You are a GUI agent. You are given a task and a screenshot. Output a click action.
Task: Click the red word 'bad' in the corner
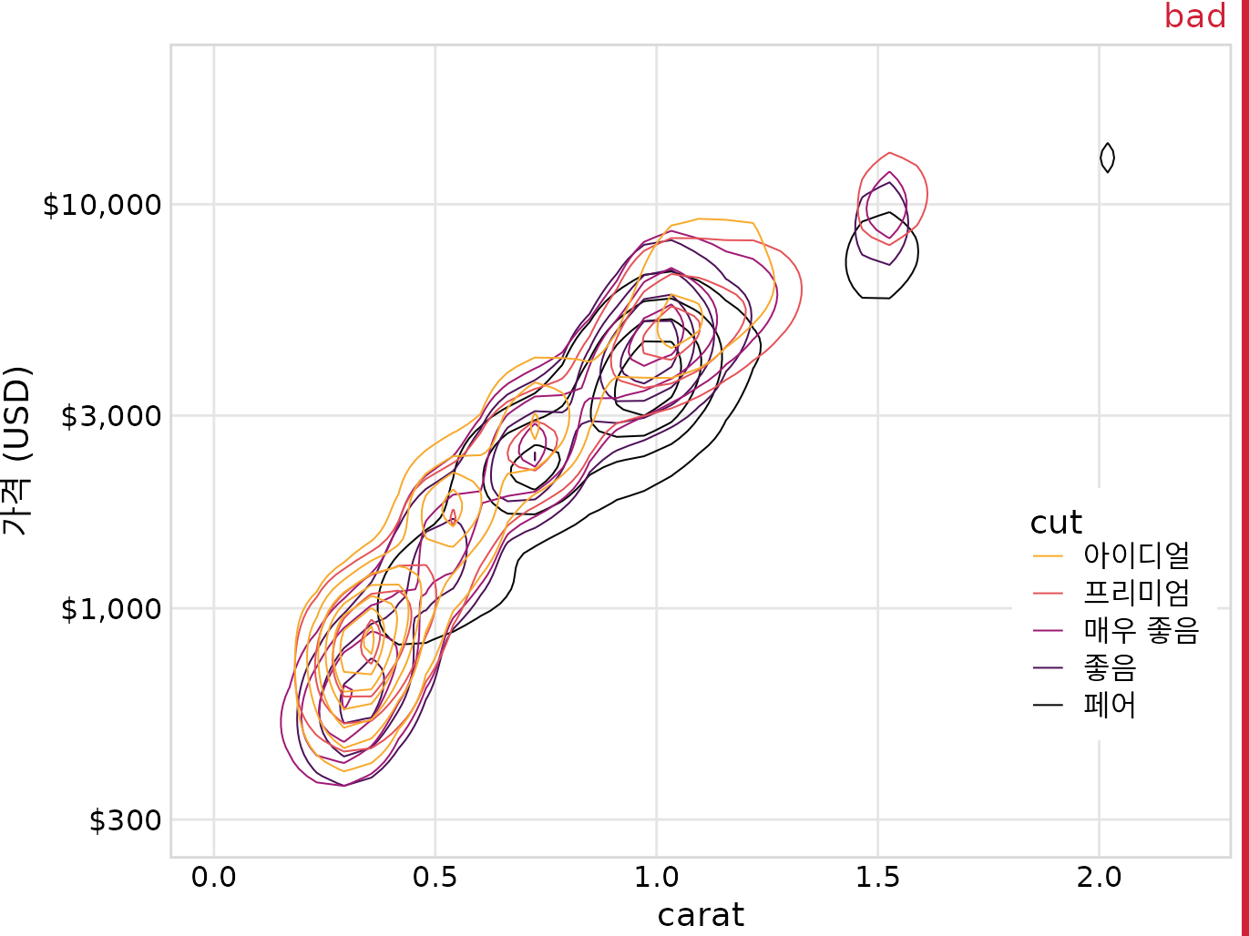pyautogui.click(x=1194, y=16)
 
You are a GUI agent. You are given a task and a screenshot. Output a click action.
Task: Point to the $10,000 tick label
pyautogui.click(x=102, y=205)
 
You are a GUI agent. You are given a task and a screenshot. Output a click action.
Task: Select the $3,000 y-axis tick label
pyautogui.click(x=110, y=417)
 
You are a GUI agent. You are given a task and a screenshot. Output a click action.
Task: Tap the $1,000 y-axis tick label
pyautogui.click(x=110, y=608)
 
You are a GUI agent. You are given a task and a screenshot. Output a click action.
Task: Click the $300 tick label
pyautogui.click(x=125, y=821)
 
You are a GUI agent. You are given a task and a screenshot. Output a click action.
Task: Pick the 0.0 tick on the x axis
pyautogui.click(x=213, y=878)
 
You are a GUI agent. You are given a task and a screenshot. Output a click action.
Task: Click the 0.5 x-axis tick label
pyautogui.click(x=435, y=878)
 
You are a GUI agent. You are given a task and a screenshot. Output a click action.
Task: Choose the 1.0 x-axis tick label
pyautogui.click(x=656, y=878)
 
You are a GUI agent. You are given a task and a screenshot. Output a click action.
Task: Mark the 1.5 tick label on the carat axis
pyautogui.click(x=877, y=878)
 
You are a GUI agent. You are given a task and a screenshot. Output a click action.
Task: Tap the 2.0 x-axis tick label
pyautogui.click(x=1099, y=878)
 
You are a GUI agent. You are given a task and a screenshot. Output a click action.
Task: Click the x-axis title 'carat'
pyautogui.click(x=701, y=915)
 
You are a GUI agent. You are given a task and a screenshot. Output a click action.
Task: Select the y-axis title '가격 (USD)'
pyautogui.click(x=18, y=451)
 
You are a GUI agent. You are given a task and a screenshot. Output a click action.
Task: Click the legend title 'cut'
pyautogui.click(x=1055, y=523)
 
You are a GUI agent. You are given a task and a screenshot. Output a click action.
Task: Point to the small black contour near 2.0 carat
pyautogui.click(x=1107, y=158)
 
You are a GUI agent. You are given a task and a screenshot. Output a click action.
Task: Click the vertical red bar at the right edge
pyautogui.click(x=1244, y=468)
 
